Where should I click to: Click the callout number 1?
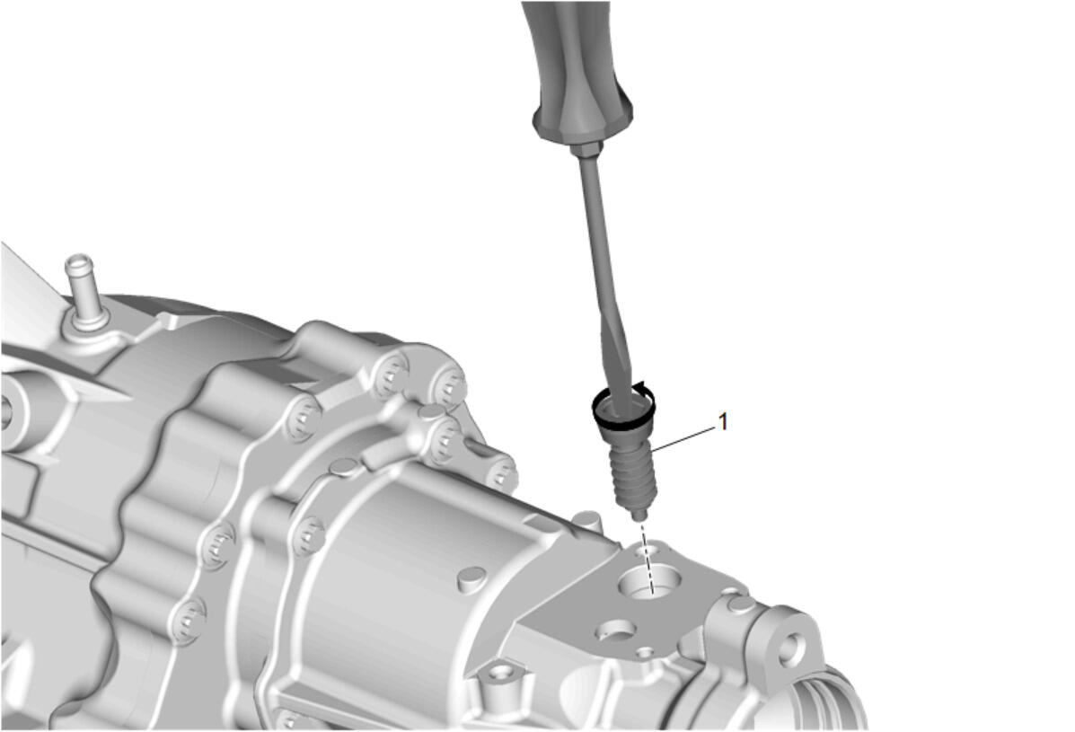click(x=722, y=421)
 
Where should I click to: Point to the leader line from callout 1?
click(x=683, y=439)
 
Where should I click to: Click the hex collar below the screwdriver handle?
click(x=589, y=149)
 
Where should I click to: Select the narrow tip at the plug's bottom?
click(x=639, y=513)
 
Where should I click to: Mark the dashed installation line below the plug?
click(x=648, y=555)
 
